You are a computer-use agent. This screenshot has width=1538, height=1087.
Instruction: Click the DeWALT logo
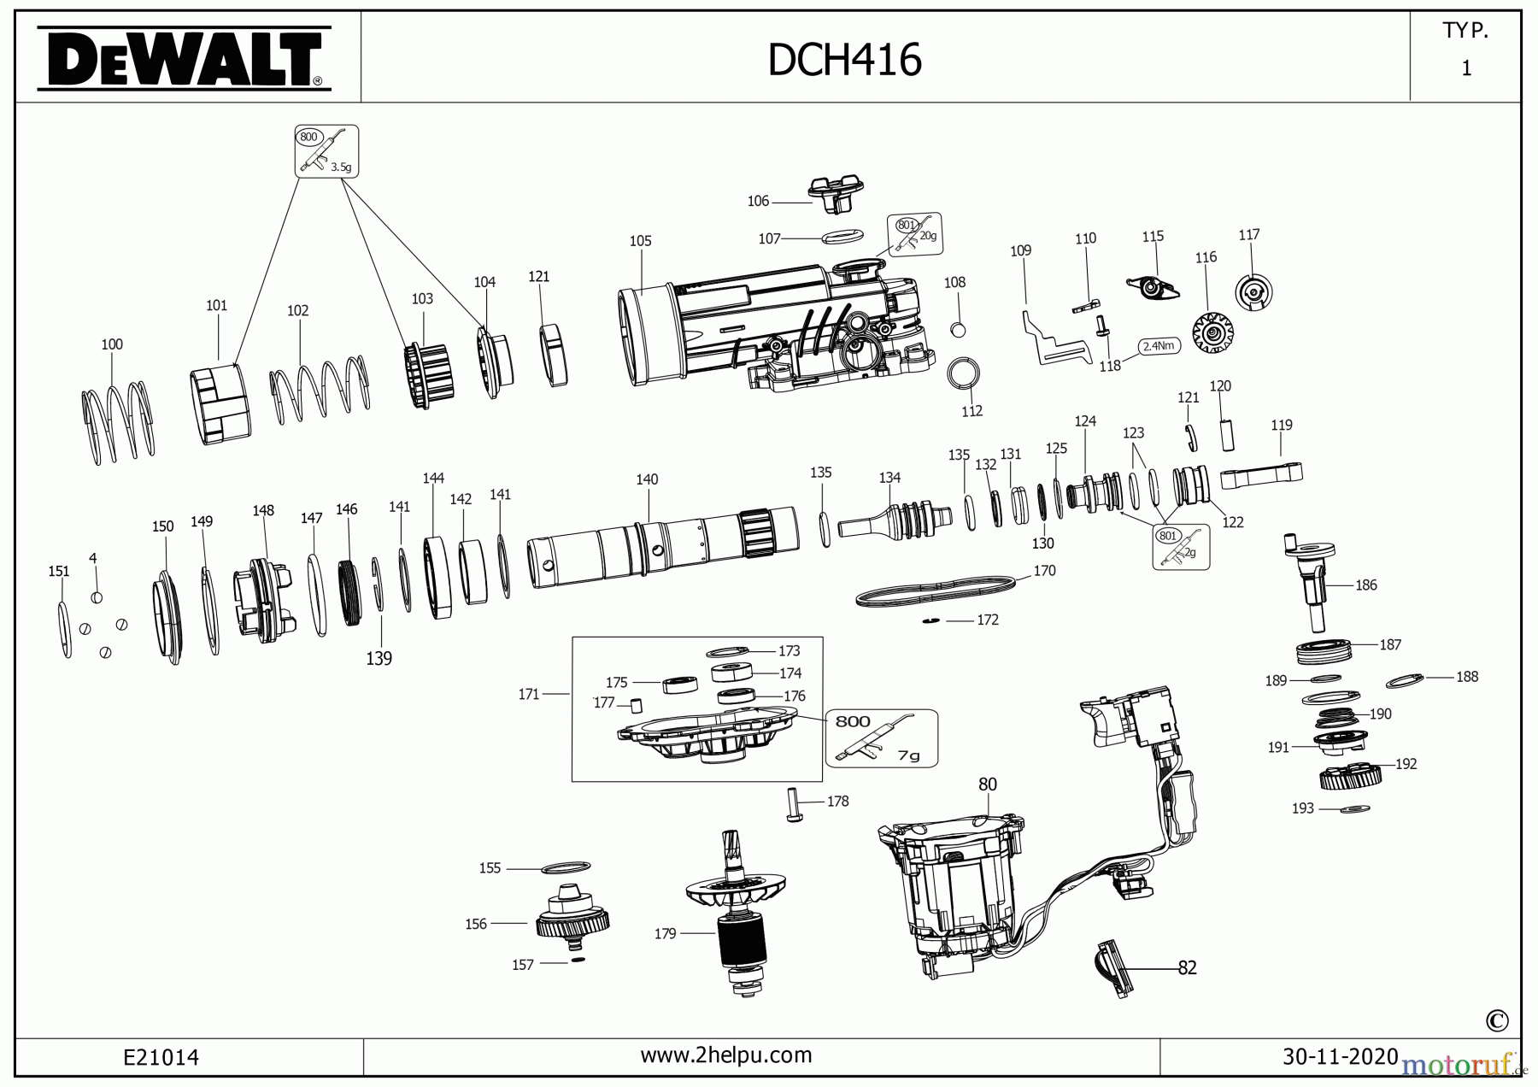(184, 58)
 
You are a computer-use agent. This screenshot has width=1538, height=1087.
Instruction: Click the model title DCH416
(844, 60)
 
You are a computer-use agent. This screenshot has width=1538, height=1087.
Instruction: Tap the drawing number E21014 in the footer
(161, 1058)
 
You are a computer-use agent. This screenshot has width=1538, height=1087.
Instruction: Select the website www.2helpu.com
(725, 1055)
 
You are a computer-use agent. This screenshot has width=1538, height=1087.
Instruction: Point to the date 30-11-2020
(1340, 1057)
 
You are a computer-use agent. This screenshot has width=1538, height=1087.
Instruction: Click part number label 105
(640, 241)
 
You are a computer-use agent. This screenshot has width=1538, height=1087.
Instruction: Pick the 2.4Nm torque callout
(1159, 346)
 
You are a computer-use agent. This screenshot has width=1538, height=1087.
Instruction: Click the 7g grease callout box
(881, 737)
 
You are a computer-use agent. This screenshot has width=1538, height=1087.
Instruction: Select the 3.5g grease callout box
(326, 151)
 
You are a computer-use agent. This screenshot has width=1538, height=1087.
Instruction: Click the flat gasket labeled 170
(936, 591)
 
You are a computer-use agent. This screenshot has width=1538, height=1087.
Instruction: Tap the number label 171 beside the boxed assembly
(529, 695)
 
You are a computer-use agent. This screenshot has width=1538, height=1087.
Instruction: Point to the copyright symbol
(1496, 1021)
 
